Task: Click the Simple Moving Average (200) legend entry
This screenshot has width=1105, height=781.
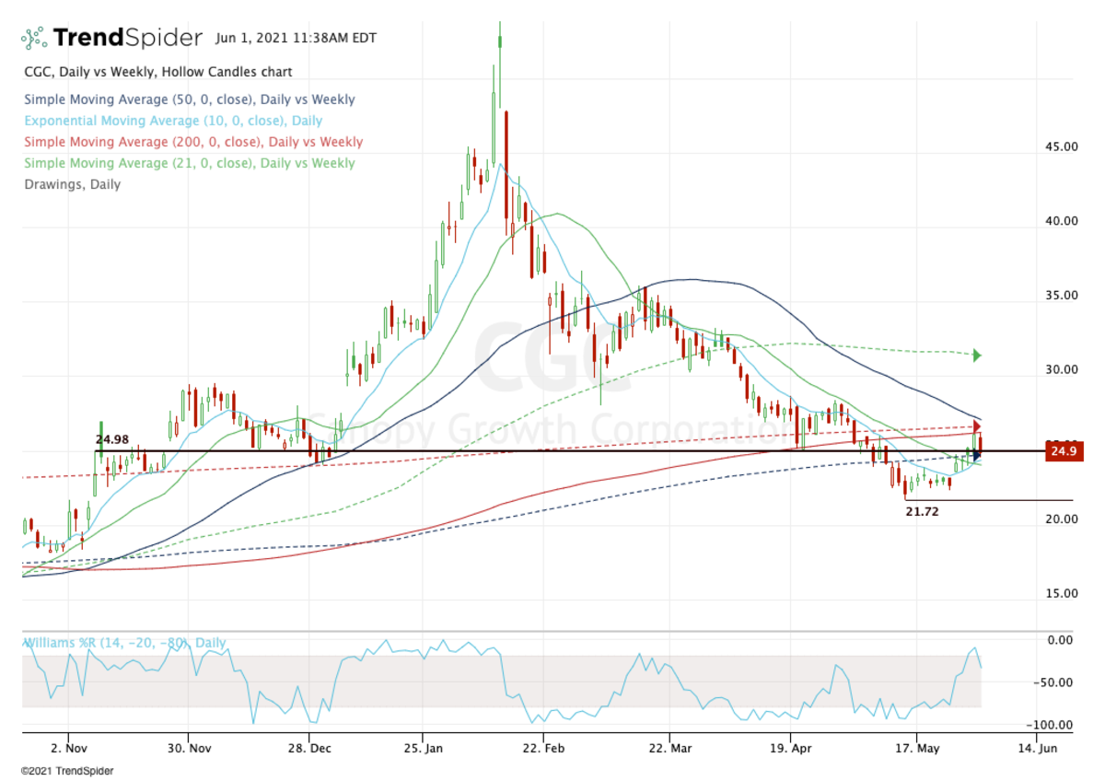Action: pos(193,142)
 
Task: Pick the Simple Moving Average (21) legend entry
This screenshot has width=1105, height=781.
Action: pos(189,163)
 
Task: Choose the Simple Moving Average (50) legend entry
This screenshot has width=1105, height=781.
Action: pos(189,99)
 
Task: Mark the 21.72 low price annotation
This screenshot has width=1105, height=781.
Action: pos(923,510)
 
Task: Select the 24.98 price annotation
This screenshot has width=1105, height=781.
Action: pos(112,439)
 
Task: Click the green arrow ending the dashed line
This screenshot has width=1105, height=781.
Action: pos(977,356)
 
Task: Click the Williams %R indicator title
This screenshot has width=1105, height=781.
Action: pos(124,644)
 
